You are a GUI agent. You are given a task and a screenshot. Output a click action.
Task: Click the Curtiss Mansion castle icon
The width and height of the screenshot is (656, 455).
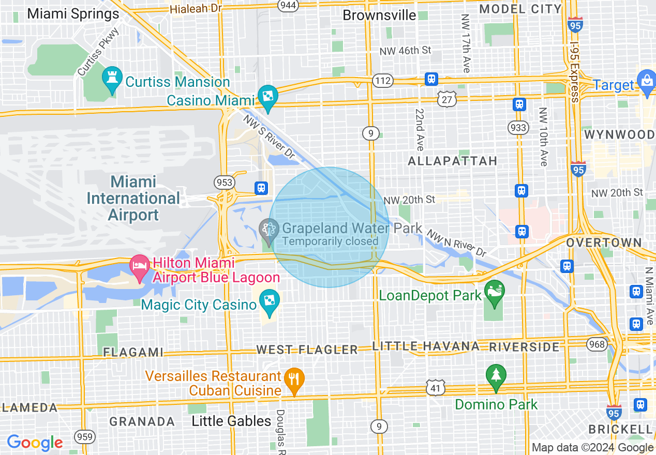point(112,78)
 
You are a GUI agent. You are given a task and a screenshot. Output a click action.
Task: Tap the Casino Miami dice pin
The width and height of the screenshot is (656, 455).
point(268,97)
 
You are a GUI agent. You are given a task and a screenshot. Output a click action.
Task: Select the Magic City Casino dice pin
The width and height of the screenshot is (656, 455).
point(269,301)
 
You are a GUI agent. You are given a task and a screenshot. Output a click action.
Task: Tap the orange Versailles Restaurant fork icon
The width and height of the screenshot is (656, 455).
point(294,380)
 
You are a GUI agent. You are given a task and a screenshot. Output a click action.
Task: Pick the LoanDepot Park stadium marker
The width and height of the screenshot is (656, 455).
point(495,291)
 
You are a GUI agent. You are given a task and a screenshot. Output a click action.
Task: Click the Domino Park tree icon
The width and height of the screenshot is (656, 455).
point(496,376)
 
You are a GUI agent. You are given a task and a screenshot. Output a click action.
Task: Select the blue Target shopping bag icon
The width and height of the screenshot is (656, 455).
point(647,81)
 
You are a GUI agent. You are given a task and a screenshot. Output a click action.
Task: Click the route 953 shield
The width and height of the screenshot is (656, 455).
point(225,183)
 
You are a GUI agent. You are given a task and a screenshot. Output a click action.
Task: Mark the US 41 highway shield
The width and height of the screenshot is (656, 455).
point(436,387)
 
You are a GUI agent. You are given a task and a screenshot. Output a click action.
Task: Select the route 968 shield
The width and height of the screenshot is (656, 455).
point(597,343)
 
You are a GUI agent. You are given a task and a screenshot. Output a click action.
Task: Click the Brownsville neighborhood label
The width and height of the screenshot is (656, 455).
point(379,15)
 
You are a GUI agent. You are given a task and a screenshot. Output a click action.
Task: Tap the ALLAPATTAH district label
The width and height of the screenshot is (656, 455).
point(452,161)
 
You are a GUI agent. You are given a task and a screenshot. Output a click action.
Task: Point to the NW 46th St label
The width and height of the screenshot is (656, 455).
point(405,51)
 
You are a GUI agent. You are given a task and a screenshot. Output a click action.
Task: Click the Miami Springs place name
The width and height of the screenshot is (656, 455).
point(73,13)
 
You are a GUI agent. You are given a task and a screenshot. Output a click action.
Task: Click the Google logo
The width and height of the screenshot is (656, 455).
point(35,443)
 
